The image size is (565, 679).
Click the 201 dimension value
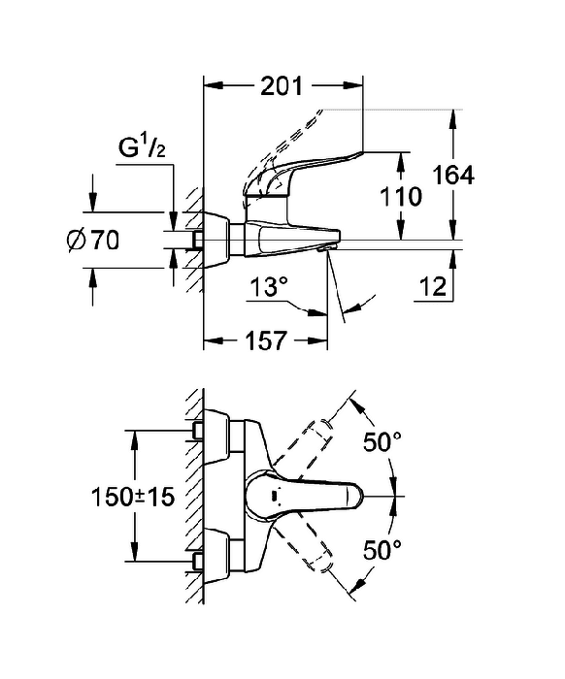click(282, 86)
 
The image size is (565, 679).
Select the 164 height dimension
click(453, 176)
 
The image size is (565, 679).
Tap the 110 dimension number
click(401, 197)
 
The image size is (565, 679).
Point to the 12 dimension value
click(433, 287)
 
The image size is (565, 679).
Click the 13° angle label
click(270, 287)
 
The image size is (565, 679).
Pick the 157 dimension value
click(266, 340)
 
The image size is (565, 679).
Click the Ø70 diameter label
click(93, 240)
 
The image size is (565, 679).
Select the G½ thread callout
click(142, 148)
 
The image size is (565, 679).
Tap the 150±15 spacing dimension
click(133, 497)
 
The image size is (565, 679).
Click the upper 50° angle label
click(382, 441)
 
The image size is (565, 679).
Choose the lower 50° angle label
click(382, 550)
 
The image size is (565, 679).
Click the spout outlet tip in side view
click(324, 248)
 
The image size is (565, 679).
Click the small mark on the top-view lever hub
click(274, 496)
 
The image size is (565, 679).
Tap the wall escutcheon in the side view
click(216, 240)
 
